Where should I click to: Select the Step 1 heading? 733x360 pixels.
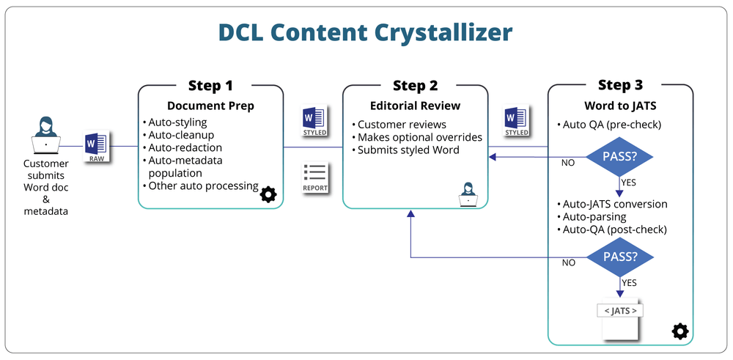pos(210,85)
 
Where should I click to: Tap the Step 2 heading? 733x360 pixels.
pos(415,85)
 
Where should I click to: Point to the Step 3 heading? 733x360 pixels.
pos(620,85)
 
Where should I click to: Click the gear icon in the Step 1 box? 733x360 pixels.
pos(268,194)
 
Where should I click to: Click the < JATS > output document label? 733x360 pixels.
pos(620,311)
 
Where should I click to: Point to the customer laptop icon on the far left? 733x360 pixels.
pos(45,136)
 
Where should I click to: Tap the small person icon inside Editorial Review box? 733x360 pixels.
pos(467,194)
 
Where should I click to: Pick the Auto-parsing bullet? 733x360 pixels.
pos(594,217)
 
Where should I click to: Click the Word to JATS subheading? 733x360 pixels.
pos(620,106)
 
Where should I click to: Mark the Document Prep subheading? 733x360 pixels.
pos(210,106)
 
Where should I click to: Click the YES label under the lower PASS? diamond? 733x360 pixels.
pos(629,283)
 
